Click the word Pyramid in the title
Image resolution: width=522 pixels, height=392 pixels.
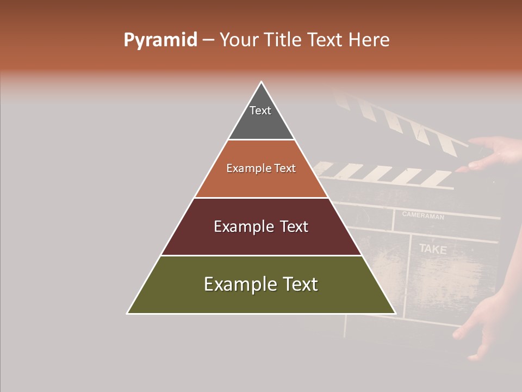(x=160, y=40)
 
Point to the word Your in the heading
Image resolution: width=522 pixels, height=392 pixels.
(x=238, y=40)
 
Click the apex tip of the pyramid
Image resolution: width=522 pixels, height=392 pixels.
(x=262, y=83)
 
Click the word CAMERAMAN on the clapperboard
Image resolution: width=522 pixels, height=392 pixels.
(x=423, y=216)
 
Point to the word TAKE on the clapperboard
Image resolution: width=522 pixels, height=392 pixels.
(x=433, y=249)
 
